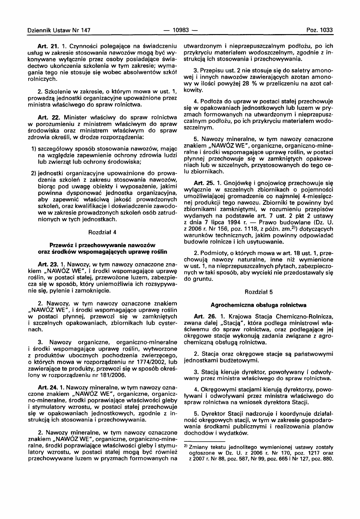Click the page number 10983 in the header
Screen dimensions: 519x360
[180, 29]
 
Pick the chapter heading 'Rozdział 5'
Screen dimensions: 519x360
[258, 293]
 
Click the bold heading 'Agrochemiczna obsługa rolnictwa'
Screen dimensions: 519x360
[258, 305]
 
